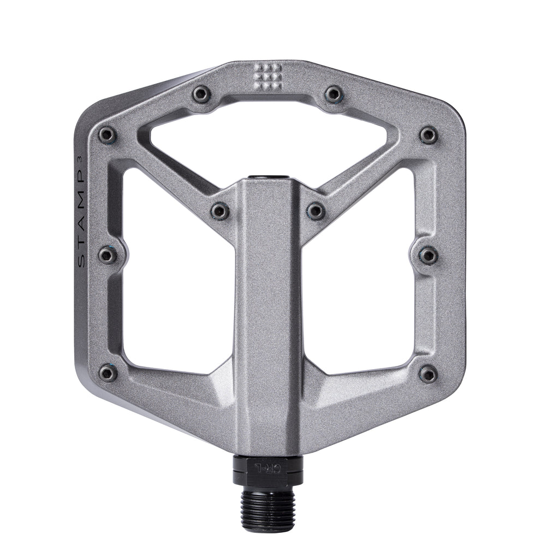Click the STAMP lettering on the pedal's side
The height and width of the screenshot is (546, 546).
pyautogui.click(x=81, y=218)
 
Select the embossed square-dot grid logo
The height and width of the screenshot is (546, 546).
pyautogui.click(x=268, y=76)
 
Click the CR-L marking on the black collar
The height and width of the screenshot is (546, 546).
pyautogui.click(x=267, y=467)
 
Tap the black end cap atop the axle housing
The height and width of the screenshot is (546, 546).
pyautogui.click(x=268, y=177)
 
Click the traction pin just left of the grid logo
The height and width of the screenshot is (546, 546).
pyautogui.click(x=201, y=94)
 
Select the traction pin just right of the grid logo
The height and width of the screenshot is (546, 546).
pyautogui.click(x=334, y=94)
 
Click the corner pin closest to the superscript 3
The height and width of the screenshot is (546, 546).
pyautogui.click(x=107, y=134)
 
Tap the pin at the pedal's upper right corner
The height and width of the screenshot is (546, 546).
pyautogui.click(x=429, y=134)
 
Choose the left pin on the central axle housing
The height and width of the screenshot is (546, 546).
pyautogui.click(x=220, y=211)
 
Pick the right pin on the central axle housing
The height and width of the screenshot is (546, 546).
pyautogui.click(x=316, y=211)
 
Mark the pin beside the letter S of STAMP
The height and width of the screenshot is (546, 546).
pyautogui.click(x=108, y=255)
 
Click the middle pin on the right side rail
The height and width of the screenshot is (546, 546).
pyautogui.click(x=429, y=255)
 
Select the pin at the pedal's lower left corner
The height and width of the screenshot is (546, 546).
pyautogui.click(x=108, y=373)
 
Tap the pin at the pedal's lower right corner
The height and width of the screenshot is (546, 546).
pyautogui.click(x=428, y=373)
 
